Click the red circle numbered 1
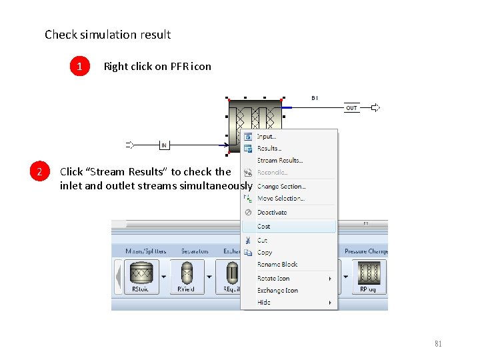80,66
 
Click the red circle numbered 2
40,172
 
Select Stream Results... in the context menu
280,160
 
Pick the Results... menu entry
269,148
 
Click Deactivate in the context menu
272,212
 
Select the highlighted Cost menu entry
264,227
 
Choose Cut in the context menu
262,240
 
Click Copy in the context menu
265,253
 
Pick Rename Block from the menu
277,265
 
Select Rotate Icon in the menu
273,278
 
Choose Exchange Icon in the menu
277,290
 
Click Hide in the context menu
264,302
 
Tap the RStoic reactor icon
140,274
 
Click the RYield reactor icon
186,274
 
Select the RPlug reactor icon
368,274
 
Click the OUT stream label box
351,107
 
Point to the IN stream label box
164,144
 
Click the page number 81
438,344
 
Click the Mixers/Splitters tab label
146,251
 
